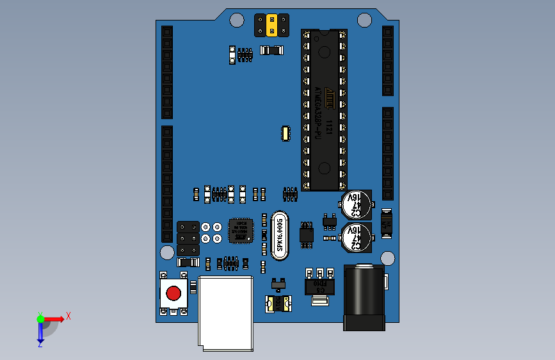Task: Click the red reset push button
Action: click(x=173, y=293)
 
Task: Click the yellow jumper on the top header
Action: click(x=272, y=25)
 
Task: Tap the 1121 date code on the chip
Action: click(x=328, y=126)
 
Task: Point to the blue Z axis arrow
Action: click(x=40, y=331)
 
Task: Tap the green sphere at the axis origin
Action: click(x=40, y=318)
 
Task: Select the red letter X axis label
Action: click(x=68, y=316)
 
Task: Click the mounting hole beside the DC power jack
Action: click(x=387, y=258)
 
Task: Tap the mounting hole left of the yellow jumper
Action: click(x=236, y=20)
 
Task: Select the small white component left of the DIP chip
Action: click(x=285, y=133)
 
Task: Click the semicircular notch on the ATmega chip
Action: click(x=324, y=33)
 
